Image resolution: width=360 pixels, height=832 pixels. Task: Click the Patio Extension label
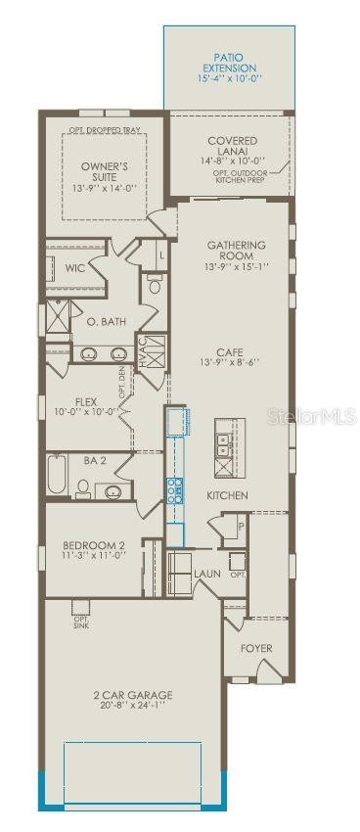235,62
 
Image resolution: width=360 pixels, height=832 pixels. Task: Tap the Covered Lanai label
233,147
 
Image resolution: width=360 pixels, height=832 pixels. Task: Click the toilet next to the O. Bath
155,285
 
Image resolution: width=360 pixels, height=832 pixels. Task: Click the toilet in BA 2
83,488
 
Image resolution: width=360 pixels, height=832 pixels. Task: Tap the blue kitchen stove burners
175,489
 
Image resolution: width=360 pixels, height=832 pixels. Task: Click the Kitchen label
227,495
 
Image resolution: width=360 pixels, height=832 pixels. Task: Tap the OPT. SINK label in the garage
81,623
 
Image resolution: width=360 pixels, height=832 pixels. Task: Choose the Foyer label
256,648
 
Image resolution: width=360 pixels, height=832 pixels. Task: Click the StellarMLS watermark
312,417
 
